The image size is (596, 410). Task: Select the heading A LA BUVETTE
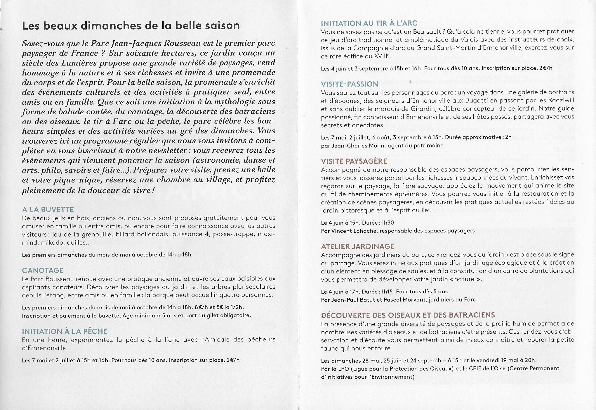tap(48, 210)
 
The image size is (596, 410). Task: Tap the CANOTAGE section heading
tap(43, 271)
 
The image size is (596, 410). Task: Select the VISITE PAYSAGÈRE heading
tap(354, 161)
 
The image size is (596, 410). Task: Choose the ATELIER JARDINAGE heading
tap(357, 247)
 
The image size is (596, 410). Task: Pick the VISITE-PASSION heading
tap(350, 84)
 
